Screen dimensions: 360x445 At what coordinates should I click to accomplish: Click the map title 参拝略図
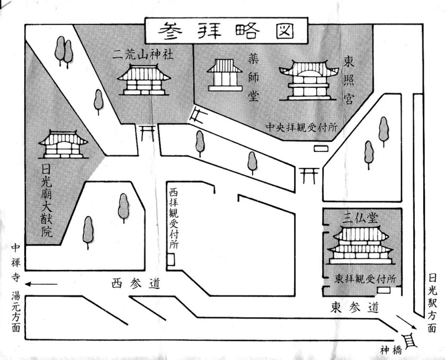coord(226,31)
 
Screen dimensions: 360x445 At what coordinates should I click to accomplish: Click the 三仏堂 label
coord(363,217)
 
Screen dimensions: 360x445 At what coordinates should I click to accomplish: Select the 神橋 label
coord(391,349)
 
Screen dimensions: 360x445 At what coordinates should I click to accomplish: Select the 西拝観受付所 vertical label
coord(173,217)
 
